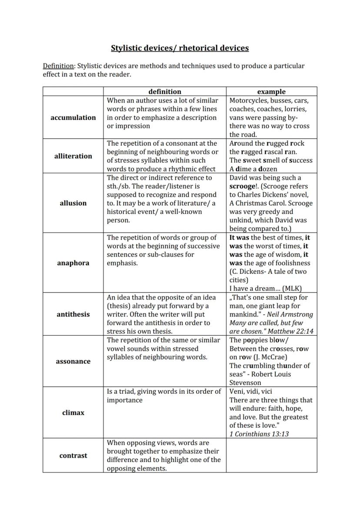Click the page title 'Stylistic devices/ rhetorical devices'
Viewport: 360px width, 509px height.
pos(180,48)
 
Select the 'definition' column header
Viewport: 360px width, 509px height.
pos(165,91)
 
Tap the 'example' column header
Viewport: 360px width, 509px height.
pos(271,91)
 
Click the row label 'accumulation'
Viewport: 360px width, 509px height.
pos(73,117)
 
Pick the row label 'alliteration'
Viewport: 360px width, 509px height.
pos(73,156)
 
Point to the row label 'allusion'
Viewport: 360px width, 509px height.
pos(73,203)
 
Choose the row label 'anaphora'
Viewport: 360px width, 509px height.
pos(73,263)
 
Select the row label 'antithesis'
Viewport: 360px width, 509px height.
pos(73,314)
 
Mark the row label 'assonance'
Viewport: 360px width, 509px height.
pos(73,361)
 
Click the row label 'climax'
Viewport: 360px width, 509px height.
pos(73,413)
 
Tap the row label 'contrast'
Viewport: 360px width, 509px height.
pos(73,456)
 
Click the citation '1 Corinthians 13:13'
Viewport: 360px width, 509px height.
pos(259,434)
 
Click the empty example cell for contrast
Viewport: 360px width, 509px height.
pos(271,456)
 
